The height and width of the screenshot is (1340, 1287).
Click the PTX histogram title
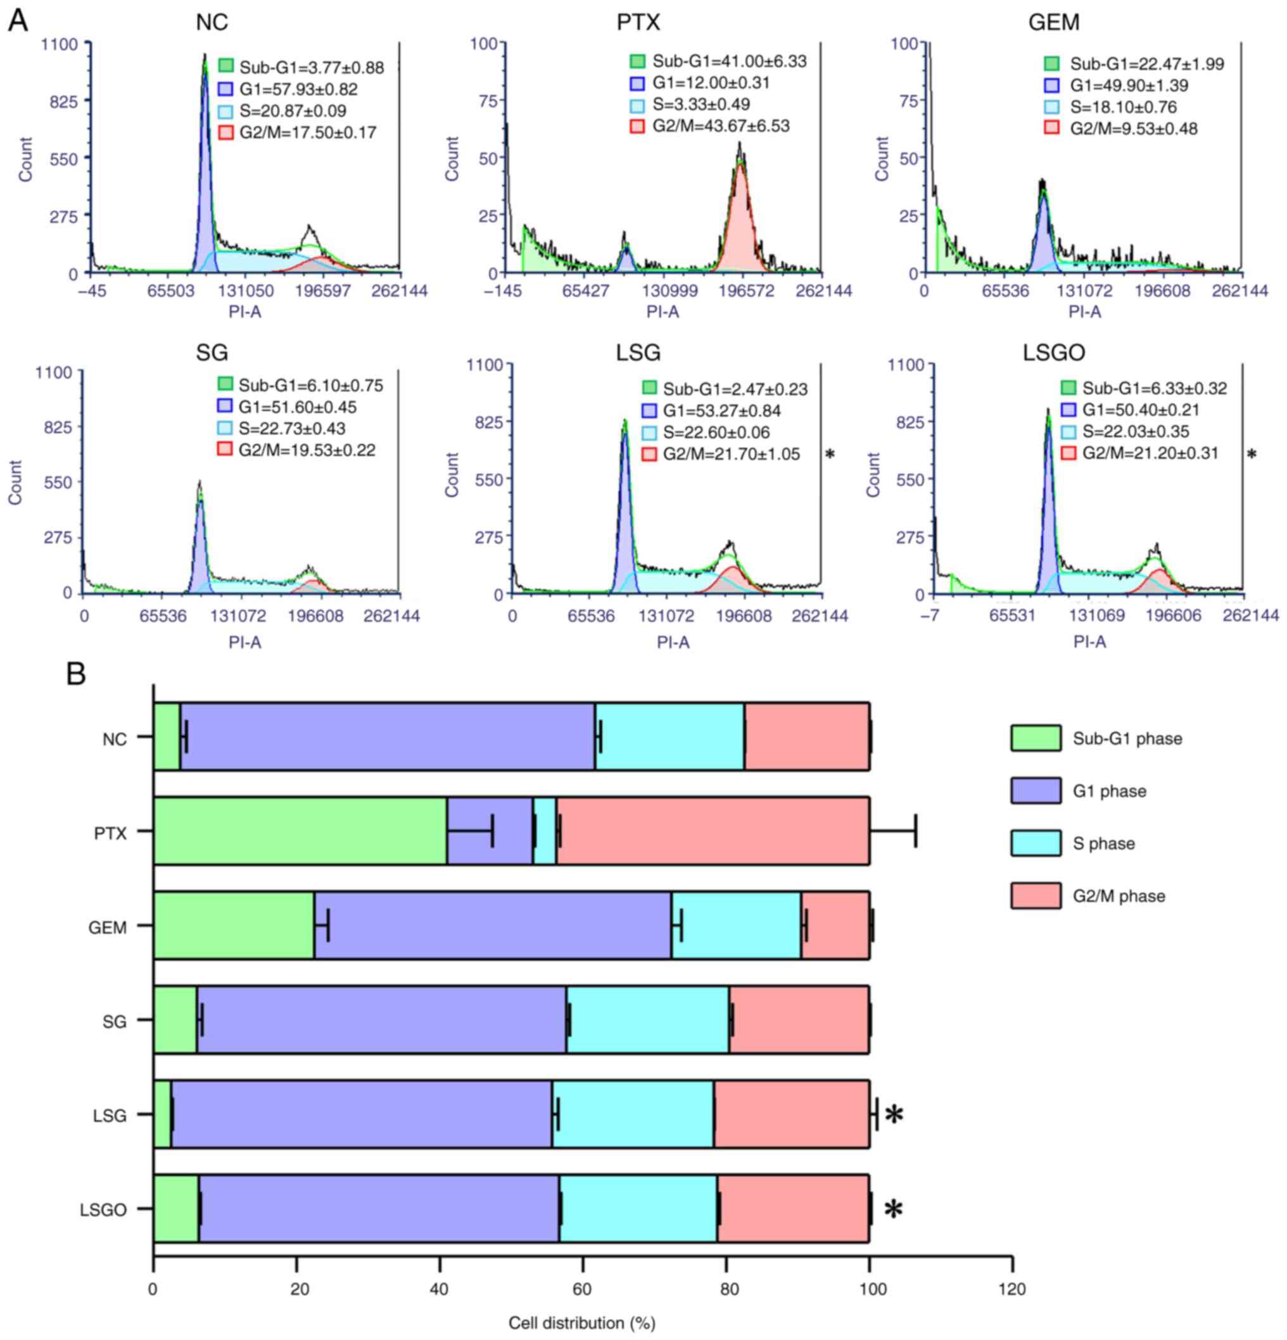pos(638,23)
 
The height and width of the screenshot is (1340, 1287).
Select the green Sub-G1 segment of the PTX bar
pos(300,831)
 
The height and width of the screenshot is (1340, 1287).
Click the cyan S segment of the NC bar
pos(669,737)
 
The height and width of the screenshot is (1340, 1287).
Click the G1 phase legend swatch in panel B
pos(1036,790)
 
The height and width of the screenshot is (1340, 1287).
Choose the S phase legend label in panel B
pos(1103,844)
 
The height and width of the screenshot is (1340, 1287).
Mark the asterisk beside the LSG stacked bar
pos(894,1115)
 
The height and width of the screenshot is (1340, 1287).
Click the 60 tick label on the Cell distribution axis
pos(582,1289)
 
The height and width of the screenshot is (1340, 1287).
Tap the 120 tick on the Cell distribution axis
pos(1011,1289)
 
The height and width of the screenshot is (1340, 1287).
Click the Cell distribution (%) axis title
pos(582,1324)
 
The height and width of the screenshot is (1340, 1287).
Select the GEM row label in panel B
pos(108,928)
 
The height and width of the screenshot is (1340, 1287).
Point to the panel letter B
pos(75,674)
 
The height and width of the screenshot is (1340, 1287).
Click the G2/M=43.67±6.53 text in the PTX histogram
pos(720,126)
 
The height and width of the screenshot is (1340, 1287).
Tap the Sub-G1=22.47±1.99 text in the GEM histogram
pos(1147,64)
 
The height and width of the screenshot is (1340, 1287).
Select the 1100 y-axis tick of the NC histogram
pos(60,44)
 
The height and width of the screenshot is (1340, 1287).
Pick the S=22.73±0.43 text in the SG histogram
pos(292,429)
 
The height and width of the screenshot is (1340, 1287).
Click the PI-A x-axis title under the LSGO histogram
pos(1089,642)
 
